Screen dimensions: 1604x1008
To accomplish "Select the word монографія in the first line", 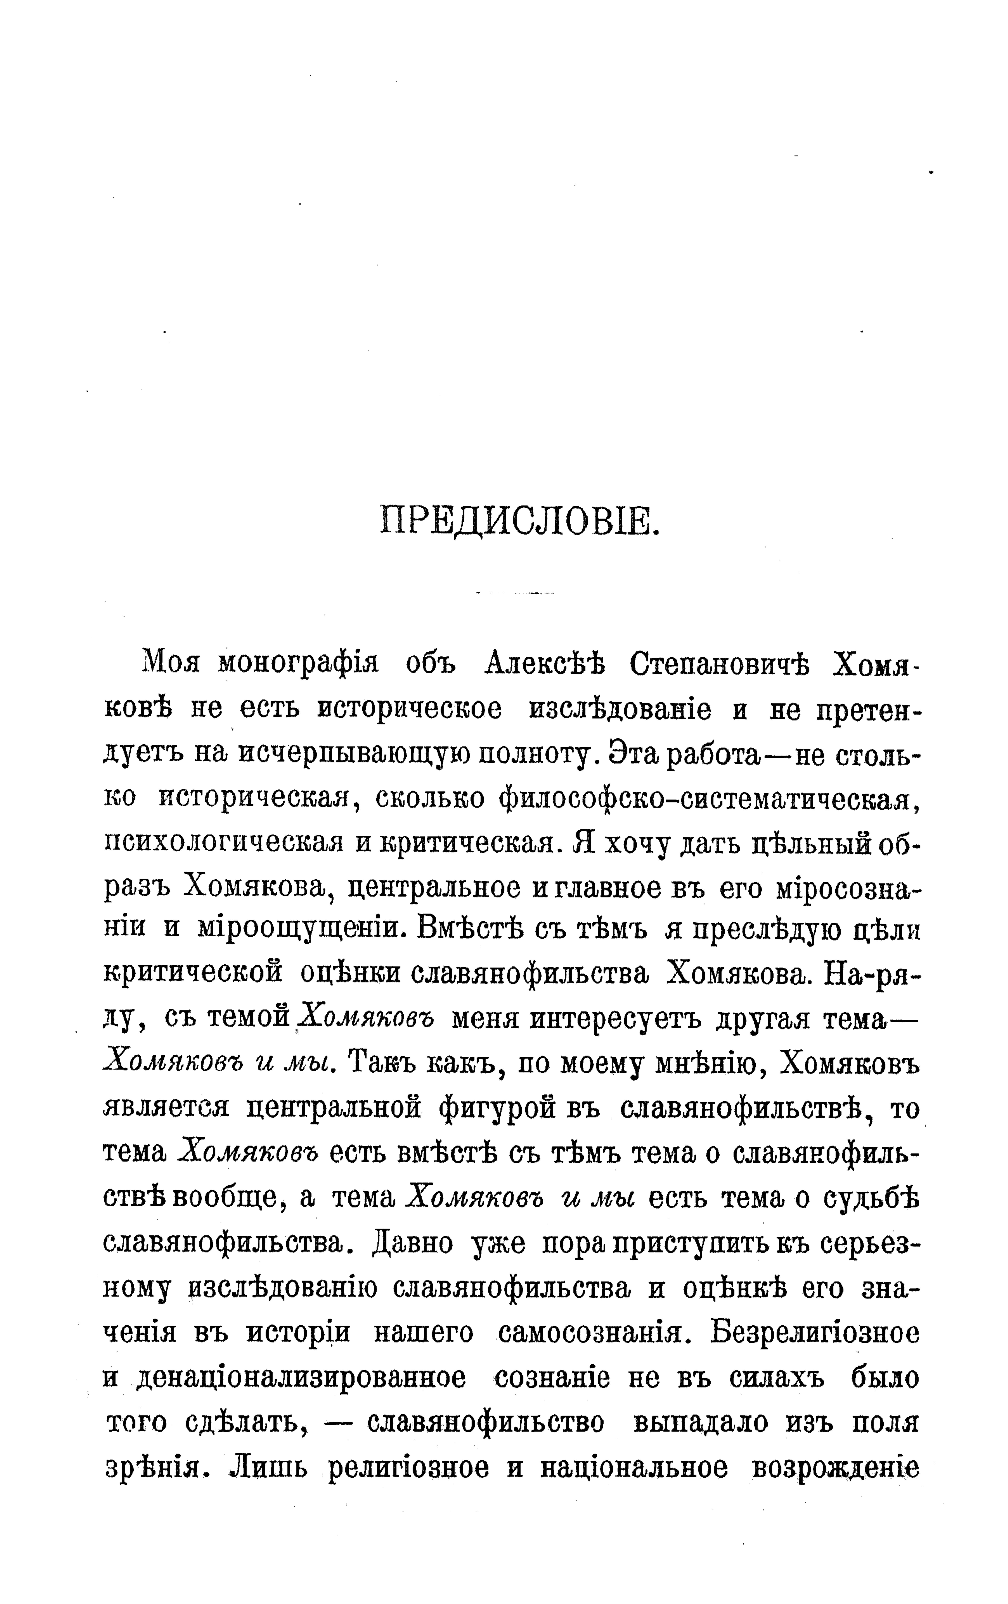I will click(x=298, y=664).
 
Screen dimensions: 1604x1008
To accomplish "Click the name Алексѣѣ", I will click(x=544, y=664).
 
